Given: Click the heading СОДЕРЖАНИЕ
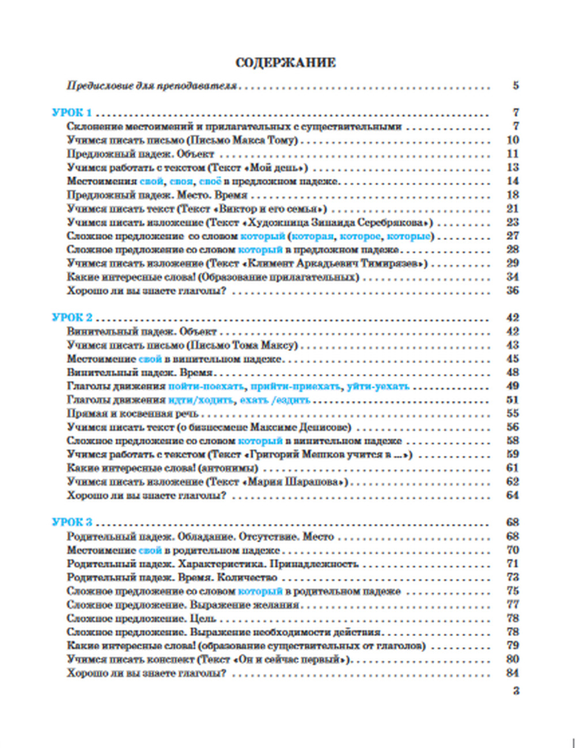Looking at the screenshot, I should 286,63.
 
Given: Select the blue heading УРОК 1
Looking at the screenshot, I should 71,113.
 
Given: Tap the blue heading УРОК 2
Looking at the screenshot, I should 71,318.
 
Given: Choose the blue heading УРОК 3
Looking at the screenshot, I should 71,522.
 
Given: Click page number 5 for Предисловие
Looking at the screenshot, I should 516,86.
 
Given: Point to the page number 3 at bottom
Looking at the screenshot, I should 516,690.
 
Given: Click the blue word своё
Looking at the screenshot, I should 210,181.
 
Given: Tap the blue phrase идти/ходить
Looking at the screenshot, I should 200,400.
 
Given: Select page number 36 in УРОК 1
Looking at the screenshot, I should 513,291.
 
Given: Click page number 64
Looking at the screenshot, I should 513,495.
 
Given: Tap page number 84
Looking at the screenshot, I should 513,673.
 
